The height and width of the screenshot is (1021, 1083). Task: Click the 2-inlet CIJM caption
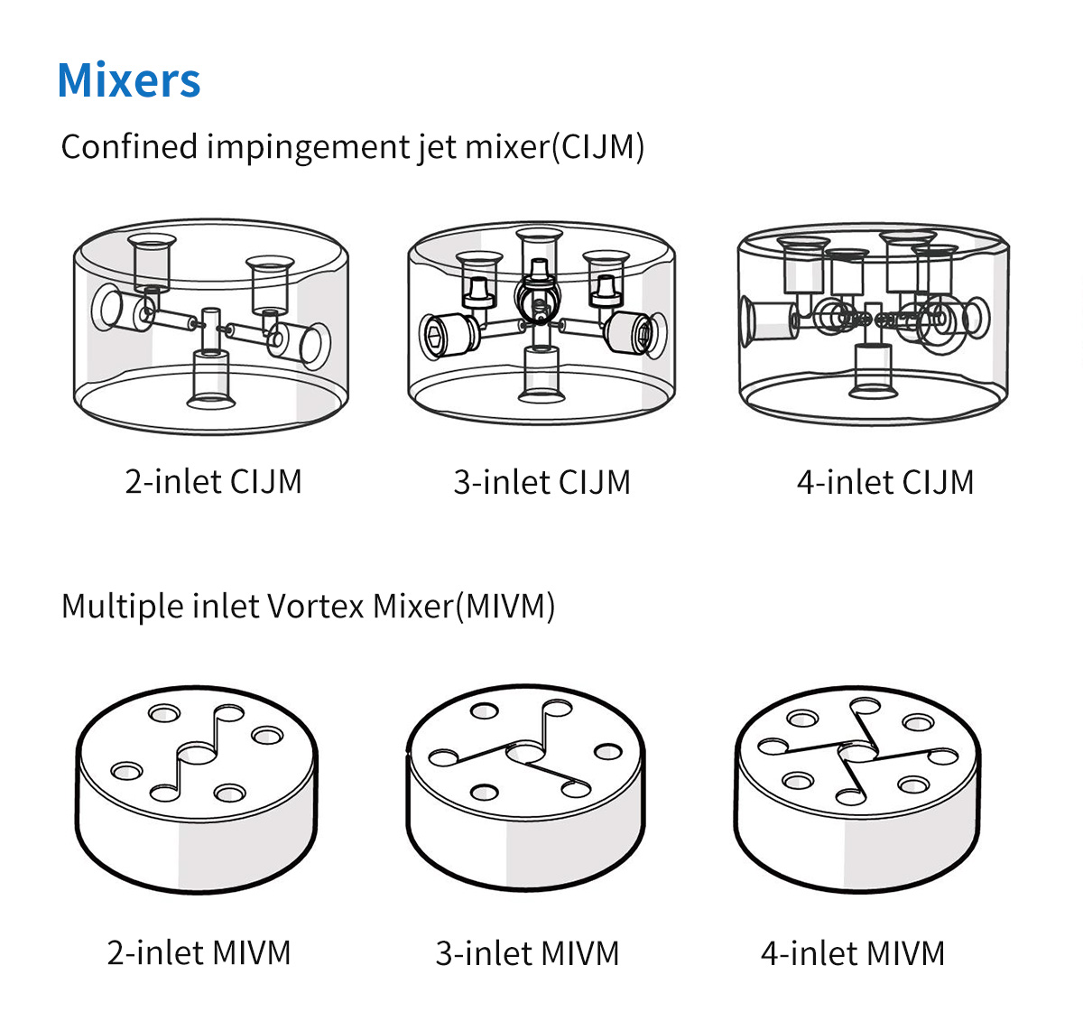tap(214, 481)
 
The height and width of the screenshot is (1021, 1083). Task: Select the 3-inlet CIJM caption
tap(541, 482)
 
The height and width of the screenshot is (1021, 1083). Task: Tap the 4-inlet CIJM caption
tap(884, 482)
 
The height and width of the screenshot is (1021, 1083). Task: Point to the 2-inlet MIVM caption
tap(199, 952)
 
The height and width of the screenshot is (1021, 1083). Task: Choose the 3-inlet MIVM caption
tap(527, 953)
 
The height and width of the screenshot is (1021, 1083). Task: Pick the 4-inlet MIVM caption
tap(852, 953)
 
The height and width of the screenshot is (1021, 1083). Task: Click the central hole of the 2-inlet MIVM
tap(196, 755)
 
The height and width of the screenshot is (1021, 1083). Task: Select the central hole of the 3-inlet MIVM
tap(525, 753)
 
